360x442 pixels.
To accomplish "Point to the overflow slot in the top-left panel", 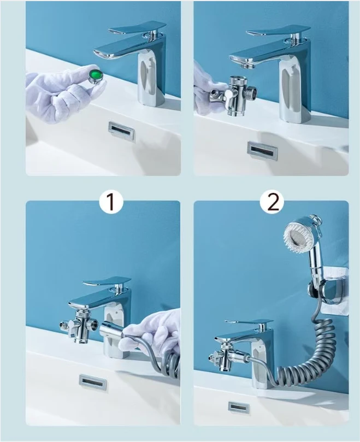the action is pyautogui.click(x=121, y=131).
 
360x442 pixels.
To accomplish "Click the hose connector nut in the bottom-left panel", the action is pyautogui.click(x=112, y=329).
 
